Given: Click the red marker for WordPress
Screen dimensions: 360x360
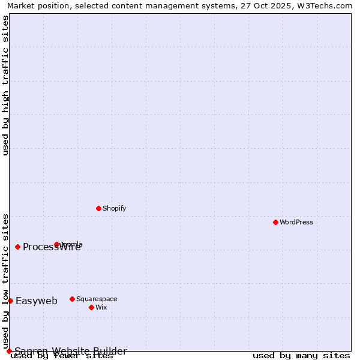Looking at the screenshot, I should coord(275,222).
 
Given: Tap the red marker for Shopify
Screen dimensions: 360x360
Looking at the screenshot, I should coord(98,208).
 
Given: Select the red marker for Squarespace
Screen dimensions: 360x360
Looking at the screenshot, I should coord(72,299).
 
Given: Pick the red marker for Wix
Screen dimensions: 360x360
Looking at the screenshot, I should coord(91,307).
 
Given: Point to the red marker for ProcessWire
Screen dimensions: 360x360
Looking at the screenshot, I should coord(17,247).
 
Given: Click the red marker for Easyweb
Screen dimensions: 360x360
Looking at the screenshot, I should coord(10,301).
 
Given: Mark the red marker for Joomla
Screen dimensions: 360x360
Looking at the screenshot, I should coord(56,244).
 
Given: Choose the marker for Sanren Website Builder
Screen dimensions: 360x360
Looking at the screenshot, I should coord(9,351).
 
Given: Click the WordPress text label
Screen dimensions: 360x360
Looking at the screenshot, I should coord(296,222).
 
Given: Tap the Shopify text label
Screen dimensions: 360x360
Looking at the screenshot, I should coord(115,208).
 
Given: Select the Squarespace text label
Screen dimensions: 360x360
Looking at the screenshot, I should coord(97,299).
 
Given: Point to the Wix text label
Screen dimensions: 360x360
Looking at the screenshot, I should coord(101,307).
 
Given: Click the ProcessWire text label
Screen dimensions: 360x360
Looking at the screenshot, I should coord(52,247).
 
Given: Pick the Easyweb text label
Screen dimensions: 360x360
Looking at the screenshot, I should coord(37,301).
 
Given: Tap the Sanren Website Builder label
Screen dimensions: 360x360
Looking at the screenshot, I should coord(71,351).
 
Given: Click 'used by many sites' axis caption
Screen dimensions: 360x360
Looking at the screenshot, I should coord(301,356).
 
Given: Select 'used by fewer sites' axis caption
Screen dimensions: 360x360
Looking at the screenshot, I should coord(62,356).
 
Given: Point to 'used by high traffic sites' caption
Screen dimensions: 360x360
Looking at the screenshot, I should coord(6,85).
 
